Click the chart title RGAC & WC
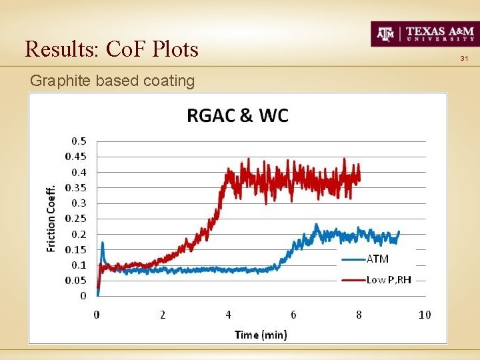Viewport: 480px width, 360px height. [237, 115]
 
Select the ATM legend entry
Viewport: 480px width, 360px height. [378, 259]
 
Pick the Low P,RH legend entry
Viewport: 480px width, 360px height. [389, 280]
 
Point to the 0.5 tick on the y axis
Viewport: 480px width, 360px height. [79, 141]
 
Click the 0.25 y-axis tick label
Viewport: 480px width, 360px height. [75, 219]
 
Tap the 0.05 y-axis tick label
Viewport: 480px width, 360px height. [75, 281]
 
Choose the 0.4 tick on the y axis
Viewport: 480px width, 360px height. [79, 172]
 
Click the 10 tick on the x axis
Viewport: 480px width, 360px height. [425, 315]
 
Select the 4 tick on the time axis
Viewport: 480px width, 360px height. [228, 315]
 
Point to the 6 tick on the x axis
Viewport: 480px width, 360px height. [293, 315]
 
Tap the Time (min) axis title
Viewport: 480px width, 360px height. [261, 334]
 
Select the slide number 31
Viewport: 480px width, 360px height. [465, 60]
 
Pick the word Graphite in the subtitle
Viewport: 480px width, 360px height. [61, 81]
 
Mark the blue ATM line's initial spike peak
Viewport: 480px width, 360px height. [103, 243]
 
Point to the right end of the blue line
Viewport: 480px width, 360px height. [399, 232]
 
